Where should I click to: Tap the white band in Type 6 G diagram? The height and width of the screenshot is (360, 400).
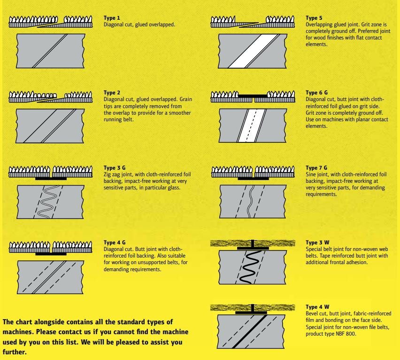click(248, 125)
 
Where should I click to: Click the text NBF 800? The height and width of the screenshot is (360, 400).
click(346, 334)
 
